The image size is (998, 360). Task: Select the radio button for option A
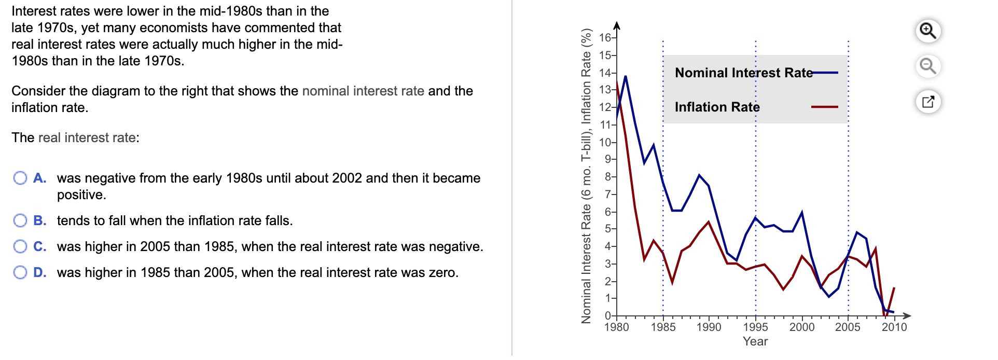[x=20, y=178]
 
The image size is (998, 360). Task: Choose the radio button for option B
[x=20, y=220]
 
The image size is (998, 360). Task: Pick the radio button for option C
[x=20, y=246]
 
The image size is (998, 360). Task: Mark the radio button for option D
[x=20, y=272]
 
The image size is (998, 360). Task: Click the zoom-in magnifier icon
[x=927, y=31]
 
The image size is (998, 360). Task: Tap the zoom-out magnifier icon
[x=927, y=66]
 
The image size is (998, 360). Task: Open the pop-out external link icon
[x=927, y=102]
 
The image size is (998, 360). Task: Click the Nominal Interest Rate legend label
[x=743, y=73]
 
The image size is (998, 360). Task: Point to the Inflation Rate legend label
[x=717, y=107]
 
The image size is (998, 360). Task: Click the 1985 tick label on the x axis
[x=663, y=327]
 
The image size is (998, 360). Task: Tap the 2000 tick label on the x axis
[x=802, y=327]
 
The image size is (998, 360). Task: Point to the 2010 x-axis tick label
[x=894, y=327]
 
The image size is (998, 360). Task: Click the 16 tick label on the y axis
[x=605, y=37]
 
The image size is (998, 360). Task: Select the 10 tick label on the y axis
[x=605, y=142]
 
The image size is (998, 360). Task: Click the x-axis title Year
[x=755, y=341]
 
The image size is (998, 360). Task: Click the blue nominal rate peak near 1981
[x=626, y=77]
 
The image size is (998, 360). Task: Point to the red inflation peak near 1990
[x=709, y=223]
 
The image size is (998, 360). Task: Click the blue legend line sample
[x=825, y=73]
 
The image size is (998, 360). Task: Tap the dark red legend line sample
[x=825, y=107]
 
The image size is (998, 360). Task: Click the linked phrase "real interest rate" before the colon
[x=87, y=137]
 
